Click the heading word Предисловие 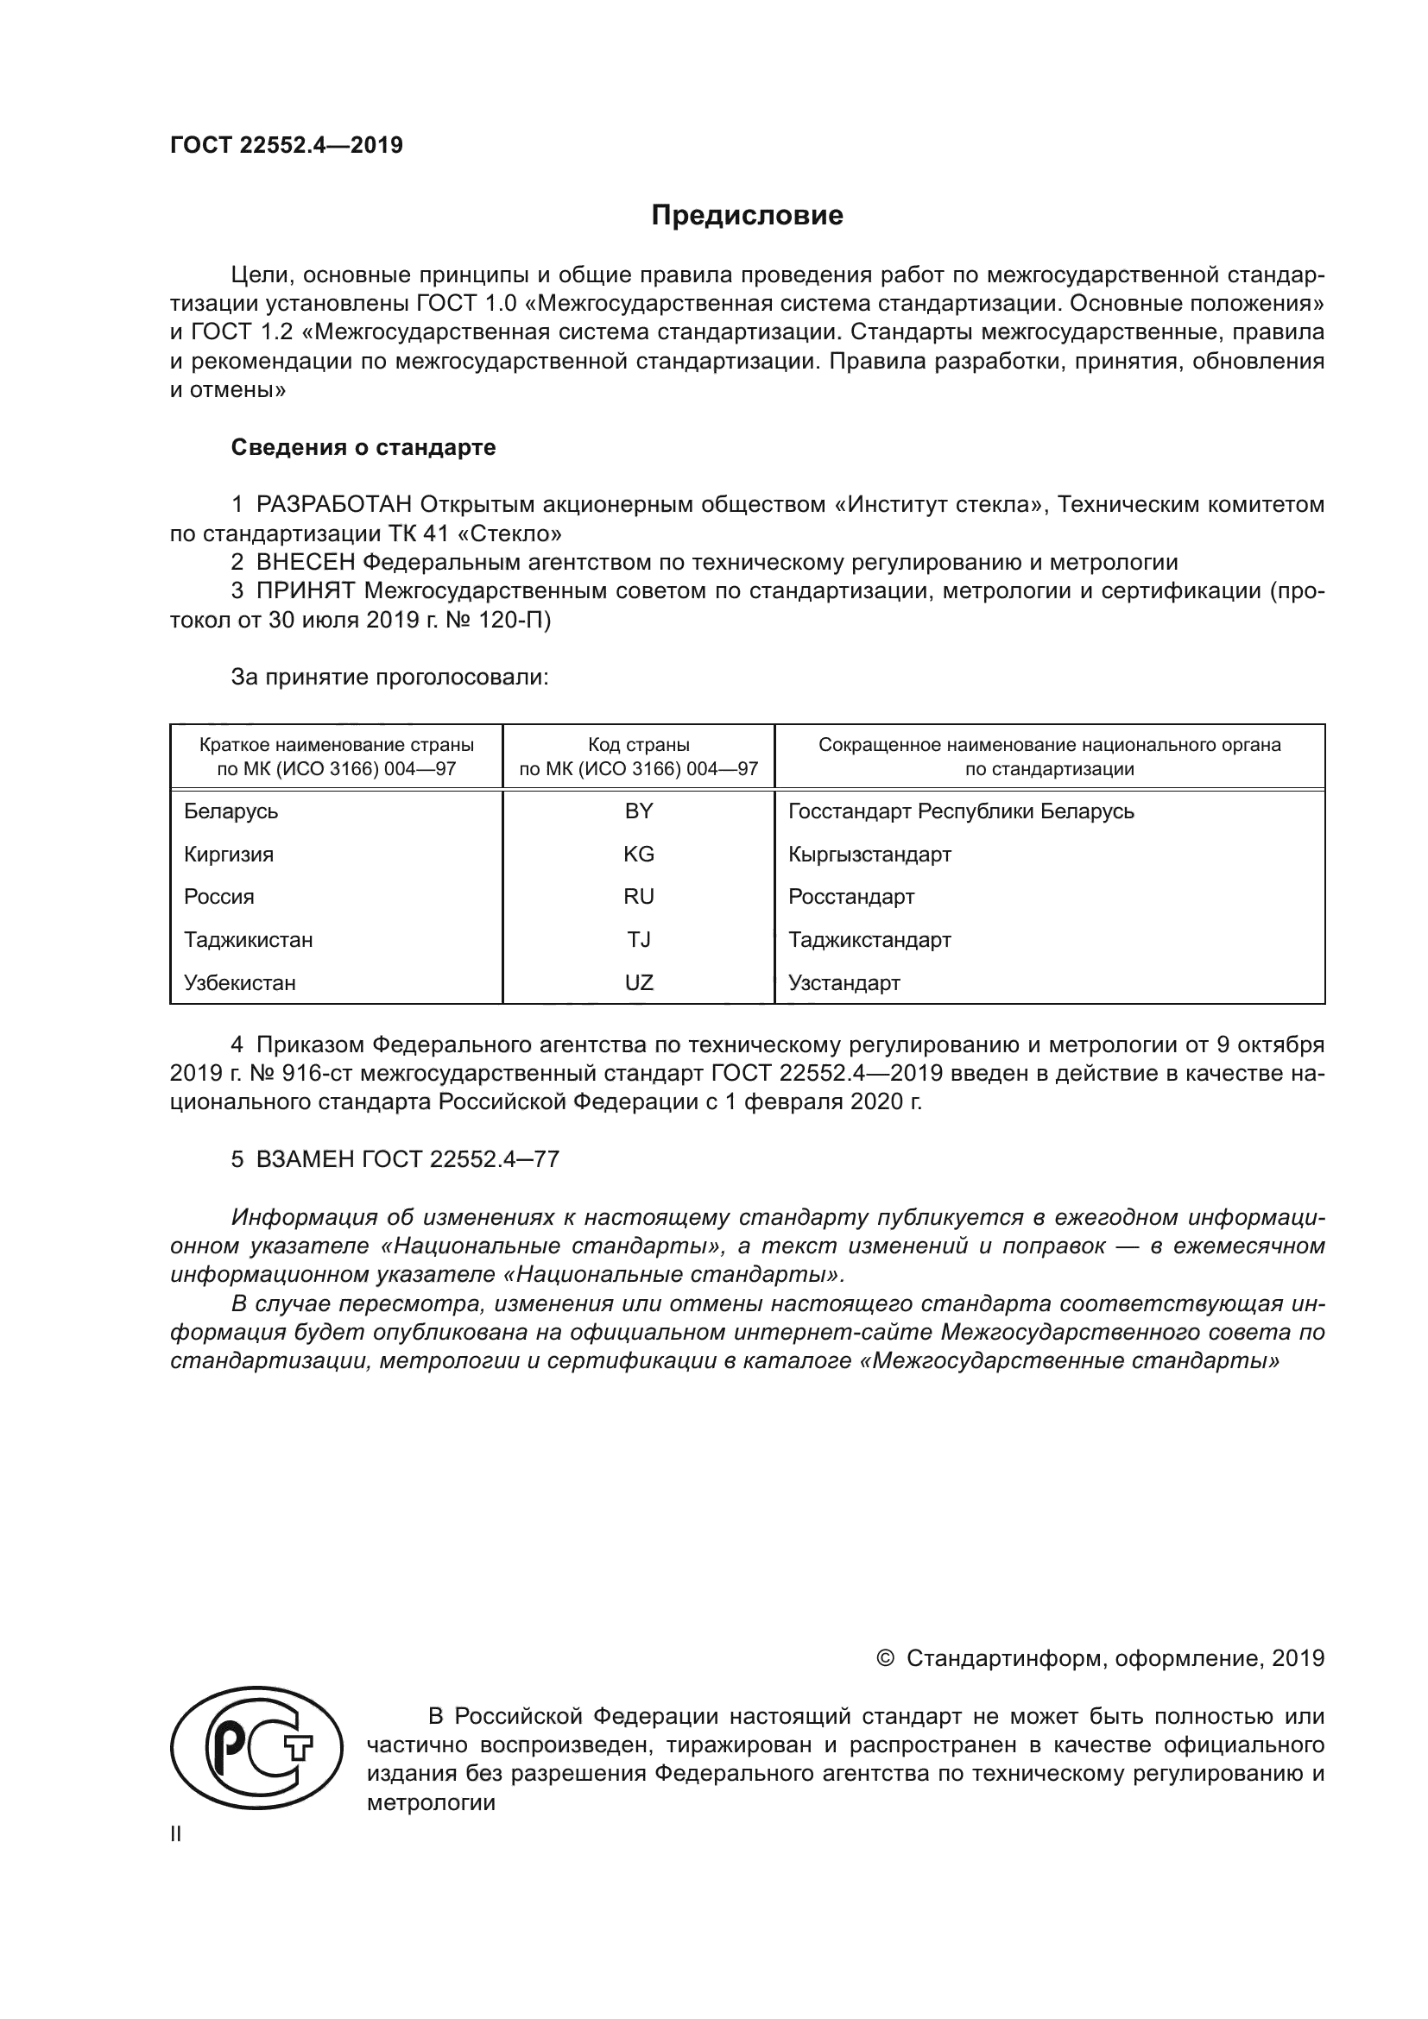click(747, 216)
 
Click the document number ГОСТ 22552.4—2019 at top click(287, 146)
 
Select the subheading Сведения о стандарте click(363, 448)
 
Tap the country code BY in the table click(638, 811)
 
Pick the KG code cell click(638, 854)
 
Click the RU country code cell click(638, 896)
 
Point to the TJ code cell click(638, 939)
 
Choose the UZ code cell click(638, 982)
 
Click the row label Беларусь click(231, 811)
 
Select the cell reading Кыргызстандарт click(869, 854)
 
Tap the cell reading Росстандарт click(851, 896)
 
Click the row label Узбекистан click(239, 982)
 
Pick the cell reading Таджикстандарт click(869, 939)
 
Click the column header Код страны click(638, 745)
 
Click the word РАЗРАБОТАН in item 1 click(334, 505)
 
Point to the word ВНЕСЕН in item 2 click(306, 562)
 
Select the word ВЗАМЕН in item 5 click(305, 1159)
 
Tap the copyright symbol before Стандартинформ click(886, 1658)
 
